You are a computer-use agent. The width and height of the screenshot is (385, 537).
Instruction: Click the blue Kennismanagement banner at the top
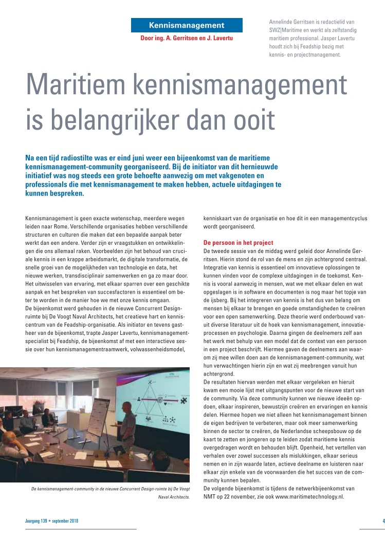click(x=187, y=25)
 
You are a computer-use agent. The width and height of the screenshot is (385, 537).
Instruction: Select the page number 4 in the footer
click(x=383, y=521)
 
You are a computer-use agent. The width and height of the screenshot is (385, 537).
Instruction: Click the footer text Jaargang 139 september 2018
click(x=52, y=521)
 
